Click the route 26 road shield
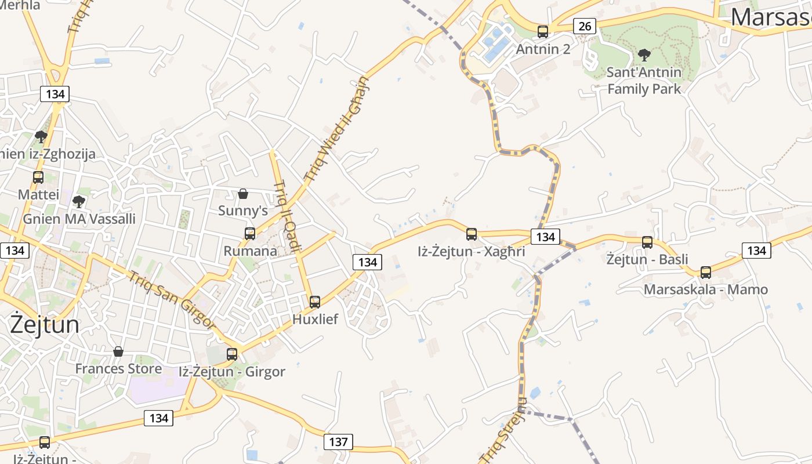coord(585,26)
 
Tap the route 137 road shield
coord(338,442)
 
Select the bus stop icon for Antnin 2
coord(543,31)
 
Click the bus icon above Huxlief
coord(315,302)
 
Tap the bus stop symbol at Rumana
coord(250,233)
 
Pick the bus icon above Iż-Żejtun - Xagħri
coord(472,234)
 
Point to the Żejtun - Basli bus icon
coord(647,242)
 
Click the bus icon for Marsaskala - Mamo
coord(706,272)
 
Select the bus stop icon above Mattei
coord(38,177)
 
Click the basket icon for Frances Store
coord(118,351)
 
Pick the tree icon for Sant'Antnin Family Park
coord(644,55)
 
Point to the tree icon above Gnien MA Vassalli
coord(79,202)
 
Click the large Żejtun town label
coord(45,324)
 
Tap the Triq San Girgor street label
coord(172,300)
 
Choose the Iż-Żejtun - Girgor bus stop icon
coord(232,354)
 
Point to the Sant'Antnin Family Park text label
coord(644,81)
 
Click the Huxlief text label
coord(315,319)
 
